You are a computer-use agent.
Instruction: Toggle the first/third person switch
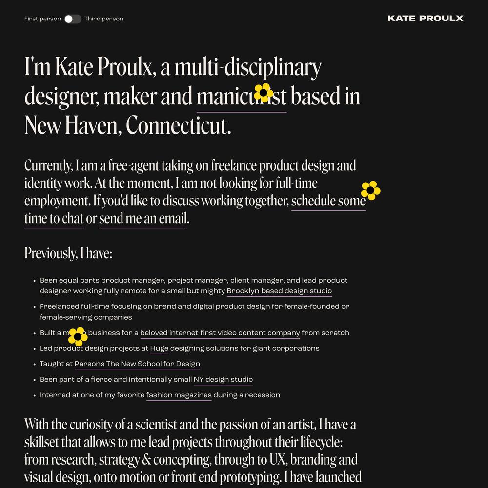pos(73,19)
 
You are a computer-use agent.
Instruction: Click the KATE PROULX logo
pos(425,19)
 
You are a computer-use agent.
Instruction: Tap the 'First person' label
pos(42,19)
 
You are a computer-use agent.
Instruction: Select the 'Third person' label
pos(104,19)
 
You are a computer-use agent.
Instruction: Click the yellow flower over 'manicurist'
pos(264,93)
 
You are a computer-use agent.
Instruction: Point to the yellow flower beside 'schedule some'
pos(370,190)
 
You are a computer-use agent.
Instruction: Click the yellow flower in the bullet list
pos(78,337)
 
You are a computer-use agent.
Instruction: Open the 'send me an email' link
pos(143,219)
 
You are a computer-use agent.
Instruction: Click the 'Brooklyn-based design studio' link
pos(279,291)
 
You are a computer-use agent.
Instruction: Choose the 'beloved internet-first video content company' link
pos(220,333)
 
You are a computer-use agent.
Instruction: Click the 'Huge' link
pos(159,348)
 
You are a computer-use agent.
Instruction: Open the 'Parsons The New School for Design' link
pos(137,364)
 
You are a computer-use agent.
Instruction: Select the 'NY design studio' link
pos(223,380)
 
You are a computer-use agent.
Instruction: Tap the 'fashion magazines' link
pos(179,395)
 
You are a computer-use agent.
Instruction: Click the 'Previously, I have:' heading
pos(68,253)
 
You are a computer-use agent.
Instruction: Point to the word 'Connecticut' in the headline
pos(178,126)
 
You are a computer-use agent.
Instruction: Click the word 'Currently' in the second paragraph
pos(48,166)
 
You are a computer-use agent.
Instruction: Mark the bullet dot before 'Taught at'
pos(35,364)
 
